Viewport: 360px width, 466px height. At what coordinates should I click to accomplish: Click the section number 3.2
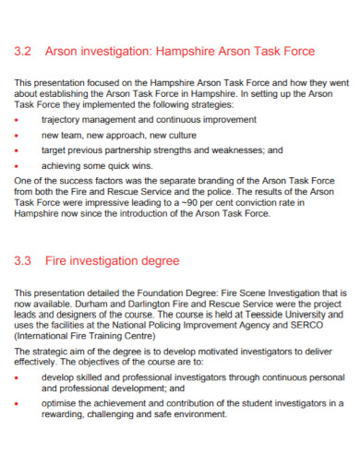click(x=24, y=51)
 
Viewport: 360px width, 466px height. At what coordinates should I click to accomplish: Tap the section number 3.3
click(x=24, y=261)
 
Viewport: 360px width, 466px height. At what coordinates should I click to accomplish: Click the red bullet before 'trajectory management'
click(x=20, y=120)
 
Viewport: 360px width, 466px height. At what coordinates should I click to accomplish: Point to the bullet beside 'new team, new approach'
click(x=20, y=134)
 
